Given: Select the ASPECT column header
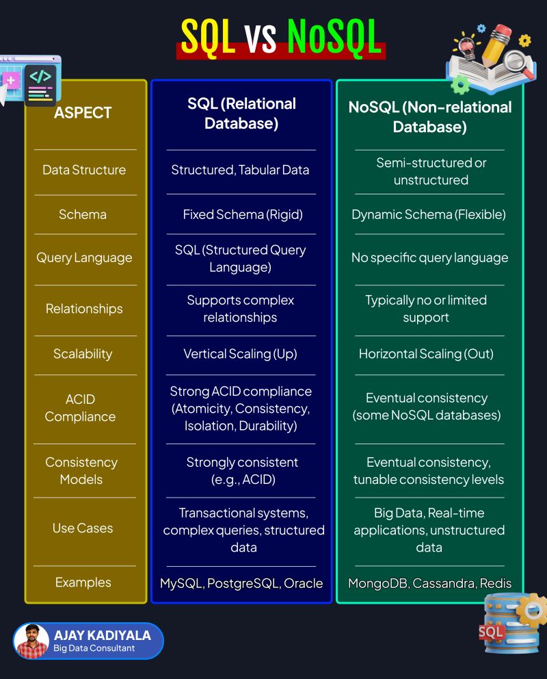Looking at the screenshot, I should pos(82,112).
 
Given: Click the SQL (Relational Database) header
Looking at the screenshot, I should pos(241,113).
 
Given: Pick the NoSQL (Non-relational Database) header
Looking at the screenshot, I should pos(429,116).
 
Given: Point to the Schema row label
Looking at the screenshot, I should pos(83,214).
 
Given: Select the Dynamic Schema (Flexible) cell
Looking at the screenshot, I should pos(429,214).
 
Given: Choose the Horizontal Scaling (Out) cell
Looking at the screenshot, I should pos(426,354).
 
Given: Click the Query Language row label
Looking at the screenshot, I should pos(84,258).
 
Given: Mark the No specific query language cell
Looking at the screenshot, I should pos(429,258).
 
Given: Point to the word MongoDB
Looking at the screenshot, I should pos(375,583).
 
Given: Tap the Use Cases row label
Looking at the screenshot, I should pos(83,528).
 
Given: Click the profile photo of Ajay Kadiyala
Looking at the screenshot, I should pos(31,641).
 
